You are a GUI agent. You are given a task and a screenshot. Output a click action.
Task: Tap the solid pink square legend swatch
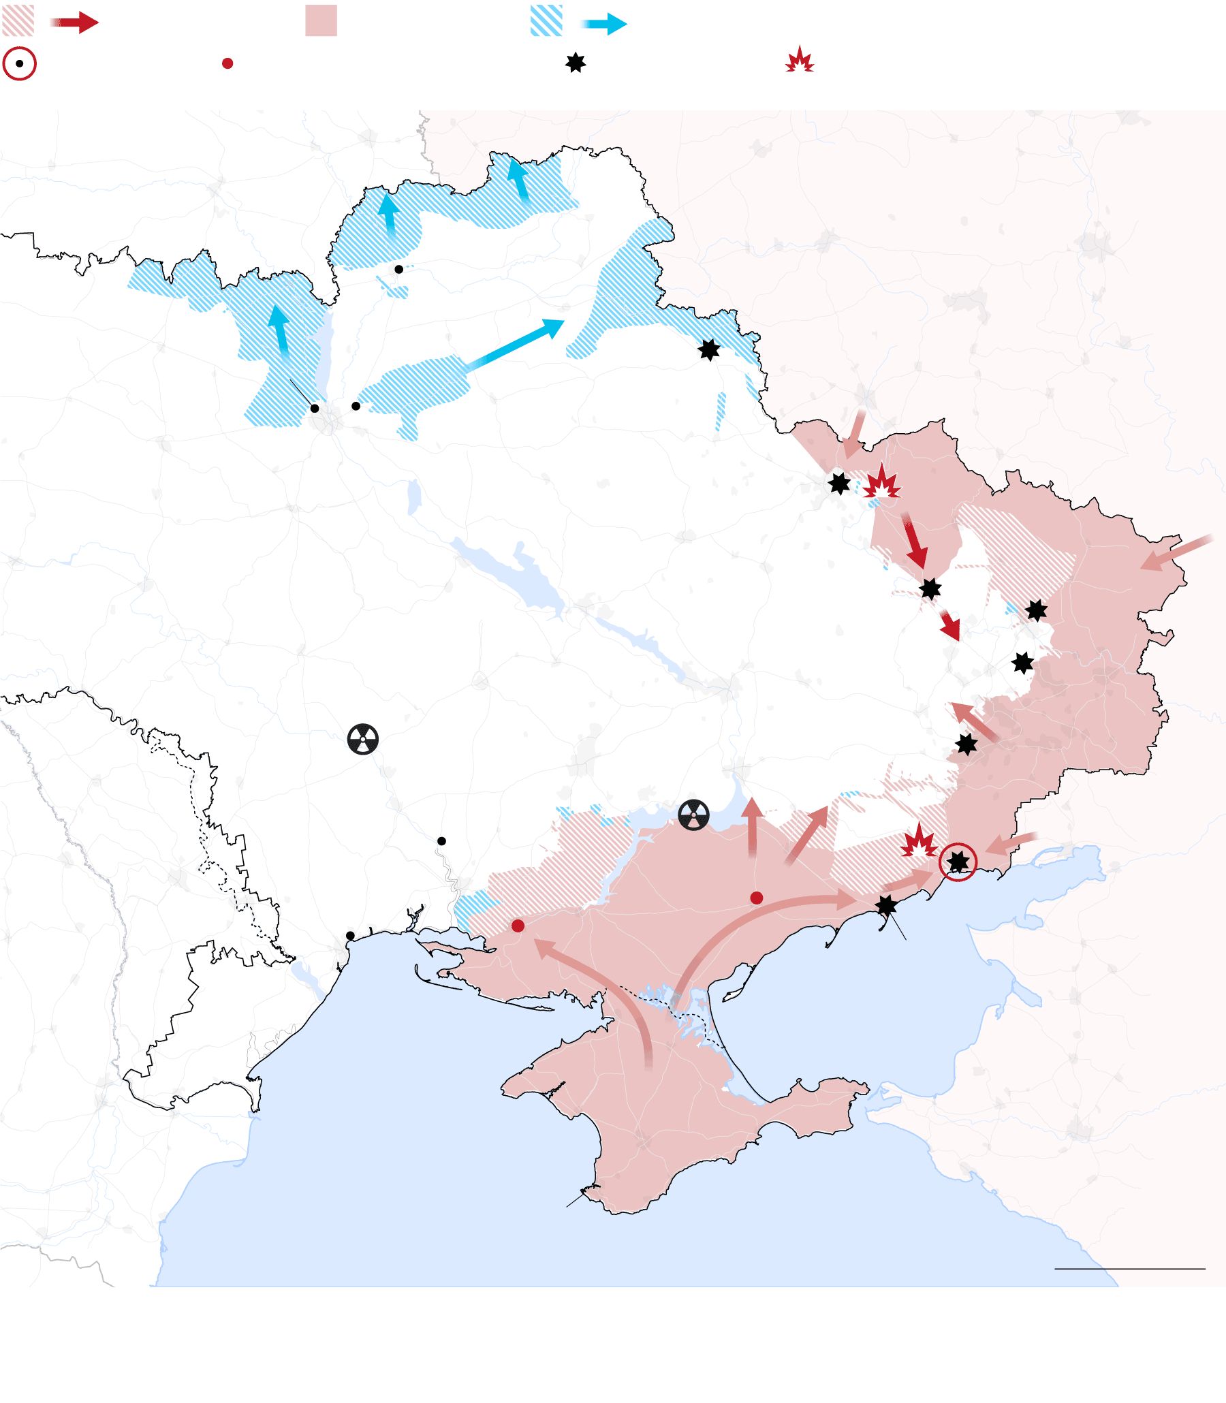tap(321, 20)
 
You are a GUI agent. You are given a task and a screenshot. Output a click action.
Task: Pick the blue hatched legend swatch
tap(546, 20)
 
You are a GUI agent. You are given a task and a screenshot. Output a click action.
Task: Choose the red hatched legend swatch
tap(18, 20)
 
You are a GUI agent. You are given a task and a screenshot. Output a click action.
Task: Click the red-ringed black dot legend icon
tap(19, 63)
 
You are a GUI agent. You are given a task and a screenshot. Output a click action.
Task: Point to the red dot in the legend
tap(227, 63)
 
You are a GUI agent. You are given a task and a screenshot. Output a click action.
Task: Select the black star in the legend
tap(576, 63)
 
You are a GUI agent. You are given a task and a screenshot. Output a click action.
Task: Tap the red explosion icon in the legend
tap(799, 60)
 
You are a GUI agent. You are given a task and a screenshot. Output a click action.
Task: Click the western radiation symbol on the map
tap(362, 739)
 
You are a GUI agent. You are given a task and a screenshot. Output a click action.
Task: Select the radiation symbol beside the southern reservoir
tap(694, 815)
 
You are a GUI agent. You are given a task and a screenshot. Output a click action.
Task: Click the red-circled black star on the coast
tap(958, 862)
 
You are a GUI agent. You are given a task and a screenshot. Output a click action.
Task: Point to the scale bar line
tap(1129, 1269)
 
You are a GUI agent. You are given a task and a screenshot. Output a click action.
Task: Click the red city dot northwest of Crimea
tap(518, 926)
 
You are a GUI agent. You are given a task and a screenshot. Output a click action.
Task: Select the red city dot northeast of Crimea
tap(756, 898)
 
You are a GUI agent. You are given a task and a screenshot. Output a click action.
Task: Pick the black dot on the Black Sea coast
tap(350, 935)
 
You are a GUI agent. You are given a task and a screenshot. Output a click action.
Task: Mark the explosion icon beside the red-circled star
tap(918, 841)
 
